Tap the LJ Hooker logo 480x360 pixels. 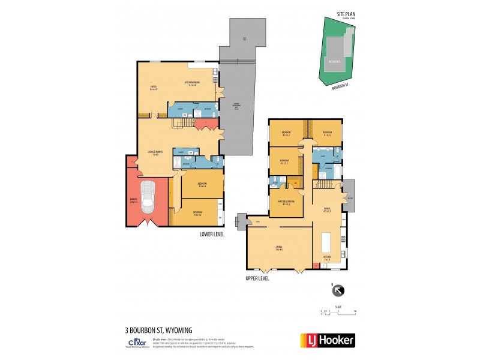(x=327, y=340)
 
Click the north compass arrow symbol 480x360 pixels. (x=338, y=291)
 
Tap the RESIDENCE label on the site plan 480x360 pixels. (x=334, y=61)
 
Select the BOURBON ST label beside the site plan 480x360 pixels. (x=340, y=87)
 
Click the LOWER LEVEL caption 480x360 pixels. (x=212, y=234)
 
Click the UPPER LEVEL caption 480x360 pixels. (x=257, y=278)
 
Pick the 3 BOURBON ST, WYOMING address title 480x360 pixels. (x=159, y=330)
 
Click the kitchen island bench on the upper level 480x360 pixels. (x=328, y=242)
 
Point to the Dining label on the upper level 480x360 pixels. (x=327, y=209)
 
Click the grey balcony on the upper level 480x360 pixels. (x=350, y=196)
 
